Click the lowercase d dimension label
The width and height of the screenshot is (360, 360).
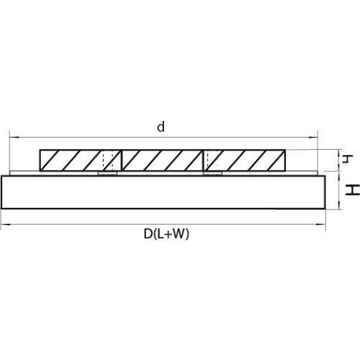click(x=161, y=127)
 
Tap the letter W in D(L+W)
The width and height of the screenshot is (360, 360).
click(x=178, y=234)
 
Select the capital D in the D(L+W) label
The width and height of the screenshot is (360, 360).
click(x=148, y=234)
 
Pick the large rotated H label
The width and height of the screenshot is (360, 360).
click(x=352, y=190)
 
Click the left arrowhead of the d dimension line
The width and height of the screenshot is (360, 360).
click(x=14, y=138)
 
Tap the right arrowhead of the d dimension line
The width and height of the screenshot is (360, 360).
click(x=312, y=138)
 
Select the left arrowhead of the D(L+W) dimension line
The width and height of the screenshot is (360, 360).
click(x=6, y=225)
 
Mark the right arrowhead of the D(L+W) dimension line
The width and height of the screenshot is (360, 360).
click(x=320, y=225)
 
